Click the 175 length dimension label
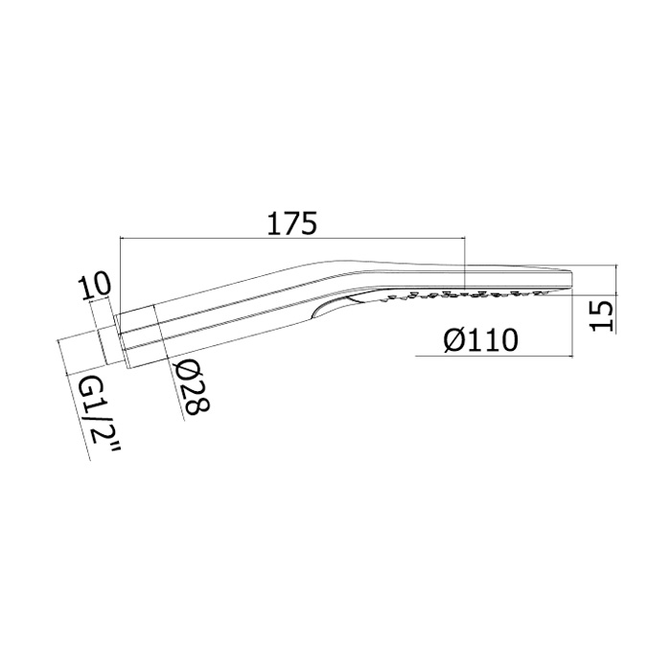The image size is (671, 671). (291, 222)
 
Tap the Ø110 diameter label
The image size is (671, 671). (480, 340)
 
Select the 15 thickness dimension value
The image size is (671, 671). (602, 315)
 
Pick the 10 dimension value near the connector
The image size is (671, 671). (94, 287)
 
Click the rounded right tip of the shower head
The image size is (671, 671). (570, 281)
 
